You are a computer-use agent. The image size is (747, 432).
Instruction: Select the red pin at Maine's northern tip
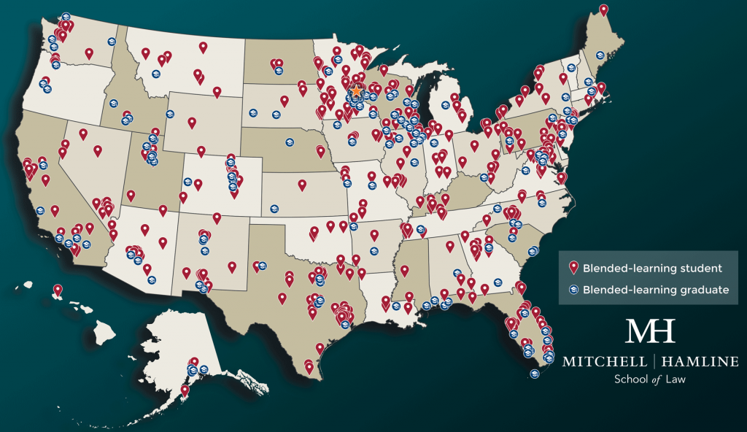(x=603, y=9)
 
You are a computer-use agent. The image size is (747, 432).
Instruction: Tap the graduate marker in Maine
(x=600, y=55)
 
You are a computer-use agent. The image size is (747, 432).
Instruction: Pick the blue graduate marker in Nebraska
(x=289, y=142)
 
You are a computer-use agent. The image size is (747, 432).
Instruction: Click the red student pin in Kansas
(x=302, y=185)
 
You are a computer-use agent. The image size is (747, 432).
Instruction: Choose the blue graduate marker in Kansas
(x=274, y=209)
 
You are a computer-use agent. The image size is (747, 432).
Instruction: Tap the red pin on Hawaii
(x=57, y=290)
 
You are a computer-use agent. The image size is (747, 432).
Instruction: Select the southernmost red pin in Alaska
(x=185, y=390)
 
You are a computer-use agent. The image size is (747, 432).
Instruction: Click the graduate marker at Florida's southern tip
(x=534, y=375)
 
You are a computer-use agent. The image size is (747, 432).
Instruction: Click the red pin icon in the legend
(x=573, y=268)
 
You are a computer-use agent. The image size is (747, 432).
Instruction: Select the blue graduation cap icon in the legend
(x=573, y=290)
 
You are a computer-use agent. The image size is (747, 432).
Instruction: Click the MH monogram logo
(x=651, y=331)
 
